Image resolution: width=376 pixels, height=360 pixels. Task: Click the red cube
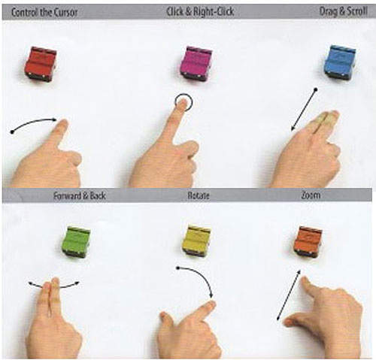click(x=41, y=64)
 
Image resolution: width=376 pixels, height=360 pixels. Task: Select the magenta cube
click(x=196, y=63)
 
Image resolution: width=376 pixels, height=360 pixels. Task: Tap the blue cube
click(x=340, y=62)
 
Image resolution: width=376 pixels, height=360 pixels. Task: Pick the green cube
click(x=76, y=241)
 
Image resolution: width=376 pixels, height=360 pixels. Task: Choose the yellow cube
click(x=196, y=241)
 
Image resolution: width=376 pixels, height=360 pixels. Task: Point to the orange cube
click(x=308, y=241)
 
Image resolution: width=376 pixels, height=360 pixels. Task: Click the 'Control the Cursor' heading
click(x=44, y=12)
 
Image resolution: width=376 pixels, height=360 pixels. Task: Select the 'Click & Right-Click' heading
click(x=200, y=11)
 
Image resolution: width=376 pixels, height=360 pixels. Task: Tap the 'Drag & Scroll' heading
click(x=344, y=11)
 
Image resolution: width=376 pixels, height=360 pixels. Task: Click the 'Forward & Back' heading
click(x=80, y=195)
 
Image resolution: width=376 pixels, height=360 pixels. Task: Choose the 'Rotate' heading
click(x=199, y=195)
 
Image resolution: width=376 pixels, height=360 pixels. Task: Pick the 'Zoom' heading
click(x=311, y=195)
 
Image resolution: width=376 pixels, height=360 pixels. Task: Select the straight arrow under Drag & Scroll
click(x=304, y=110)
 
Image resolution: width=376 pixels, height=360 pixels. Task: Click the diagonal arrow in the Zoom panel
click(x=289, y=295)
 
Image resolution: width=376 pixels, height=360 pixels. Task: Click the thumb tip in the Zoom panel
click(x=287, y=322)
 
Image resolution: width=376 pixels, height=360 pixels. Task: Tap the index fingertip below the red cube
click(x=63, y=123)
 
